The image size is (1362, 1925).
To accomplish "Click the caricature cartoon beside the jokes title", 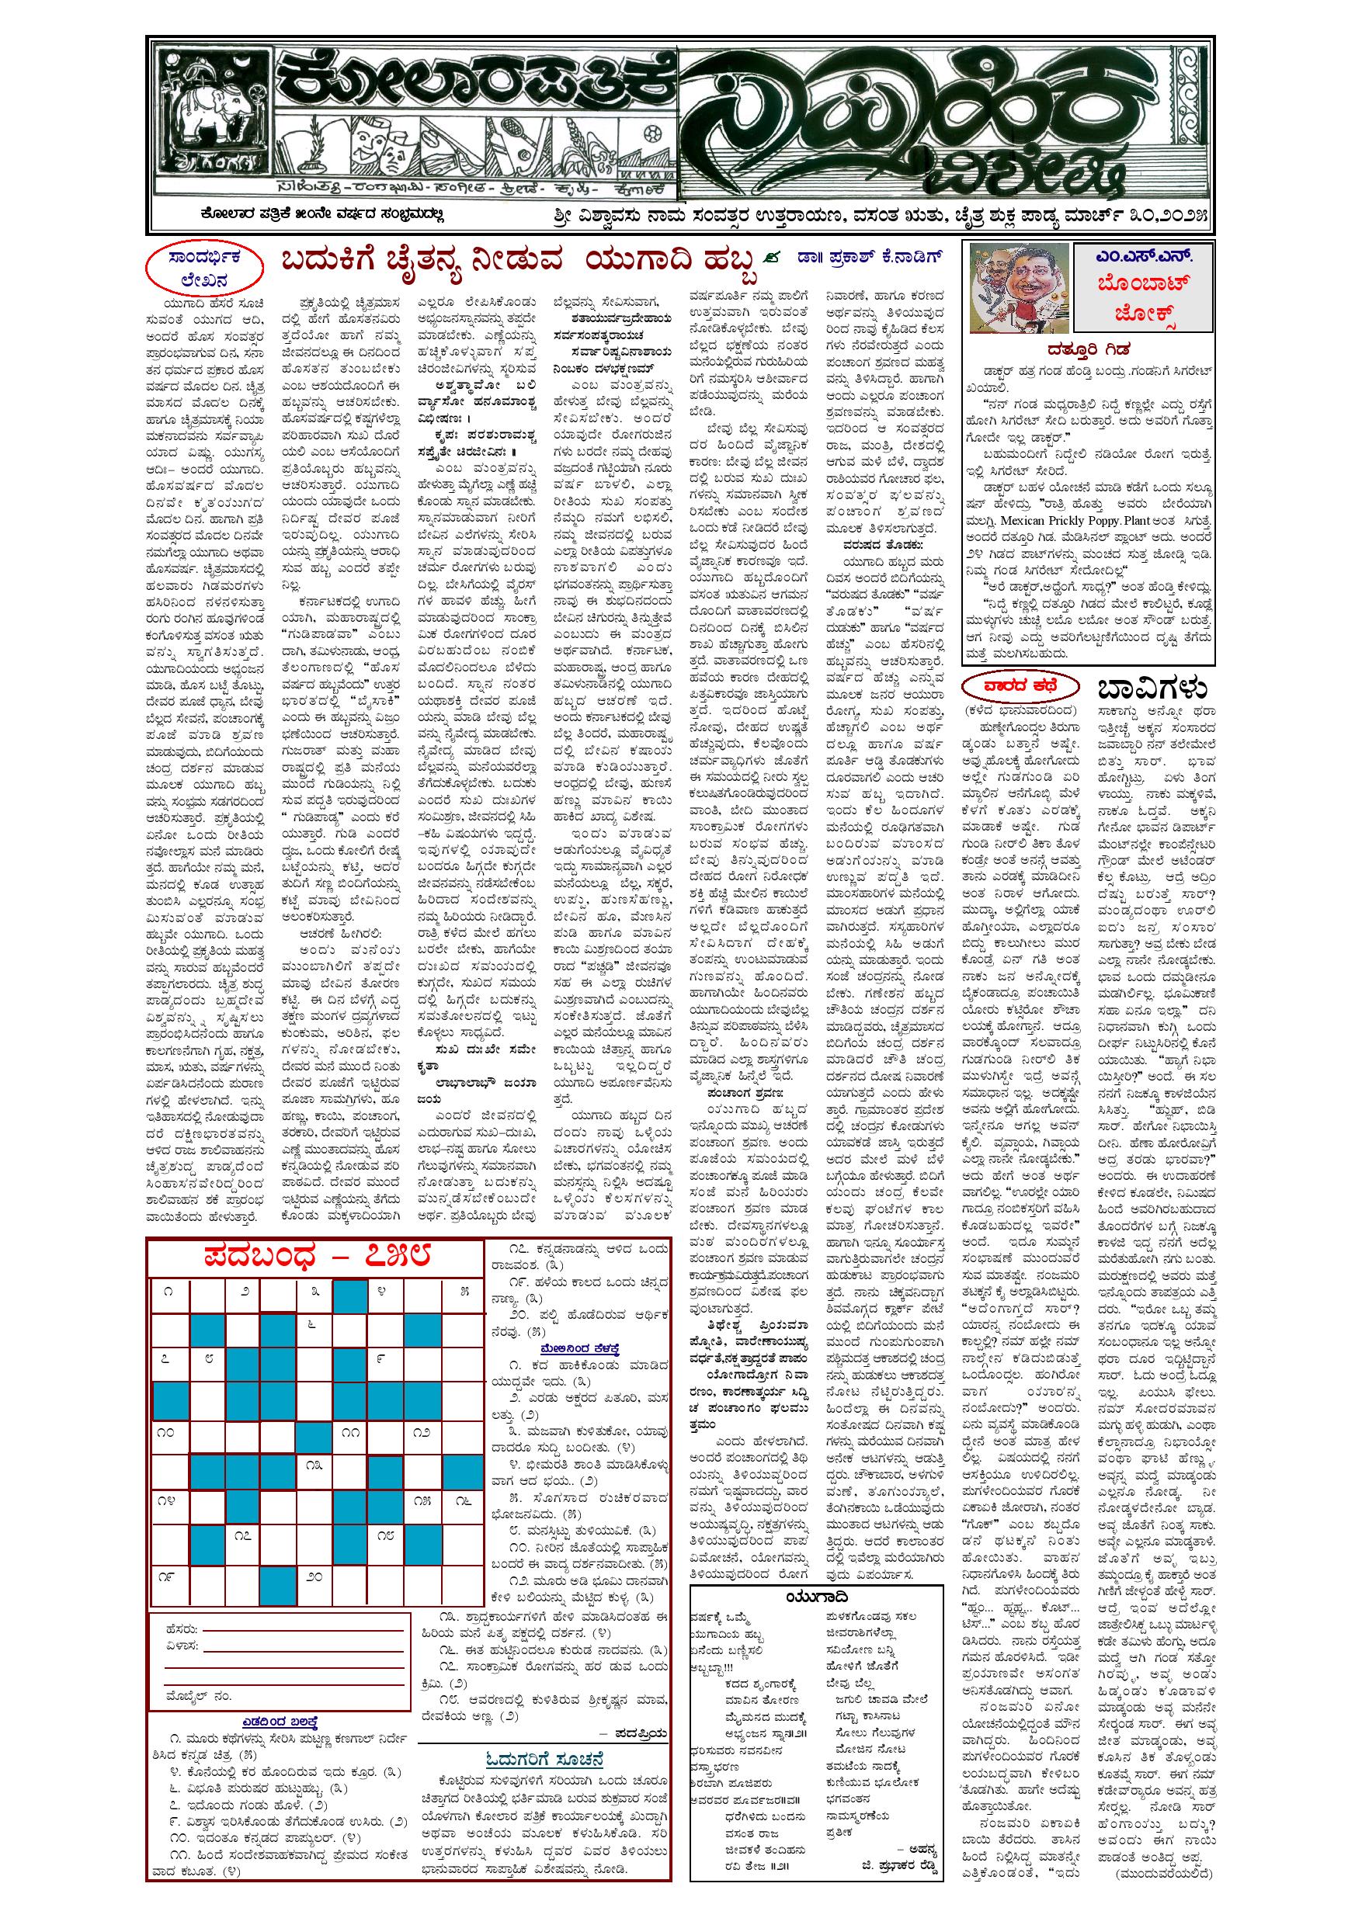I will coord(1017,286).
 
